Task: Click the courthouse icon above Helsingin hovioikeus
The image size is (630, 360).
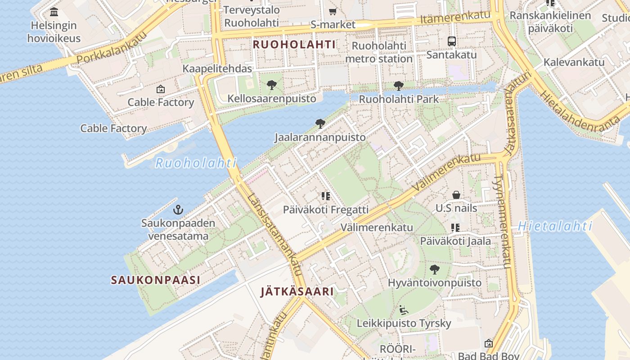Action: click(54, 12)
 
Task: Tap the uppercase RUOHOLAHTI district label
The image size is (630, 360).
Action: click(294, 45)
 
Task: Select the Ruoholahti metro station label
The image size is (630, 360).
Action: click(379, 52)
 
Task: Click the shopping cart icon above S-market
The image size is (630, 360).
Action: click(333, 12)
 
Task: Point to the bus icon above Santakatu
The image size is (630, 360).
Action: click(452, 41)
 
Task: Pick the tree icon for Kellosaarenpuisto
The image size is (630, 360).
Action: click(271, 85)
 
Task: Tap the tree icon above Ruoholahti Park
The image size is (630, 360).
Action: click(398, 85)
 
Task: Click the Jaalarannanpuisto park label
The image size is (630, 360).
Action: click(320, 137)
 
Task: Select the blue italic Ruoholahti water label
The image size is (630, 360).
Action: click(196, 163)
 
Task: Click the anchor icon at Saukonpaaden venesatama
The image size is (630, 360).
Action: click(178, 209)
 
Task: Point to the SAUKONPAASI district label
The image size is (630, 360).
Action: click(156, 280)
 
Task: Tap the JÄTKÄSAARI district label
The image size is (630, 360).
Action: click(297, 292)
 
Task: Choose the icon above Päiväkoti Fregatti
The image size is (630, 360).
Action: click(326, 196)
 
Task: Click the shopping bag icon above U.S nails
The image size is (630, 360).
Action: click(456, 195)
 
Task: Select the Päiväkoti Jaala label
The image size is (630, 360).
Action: click(455, 241)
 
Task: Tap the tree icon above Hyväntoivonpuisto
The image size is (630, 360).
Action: click(435, 270)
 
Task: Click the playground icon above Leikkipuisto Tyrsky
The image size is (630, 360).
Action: click(404, 310)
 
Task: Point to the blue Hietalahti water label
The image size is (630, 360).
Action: click(555, 226)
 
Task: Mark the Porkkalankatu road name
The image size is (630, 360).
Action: click(112, 47)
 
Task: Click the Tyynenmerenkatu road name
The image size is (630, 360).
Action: click(502, 221)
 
